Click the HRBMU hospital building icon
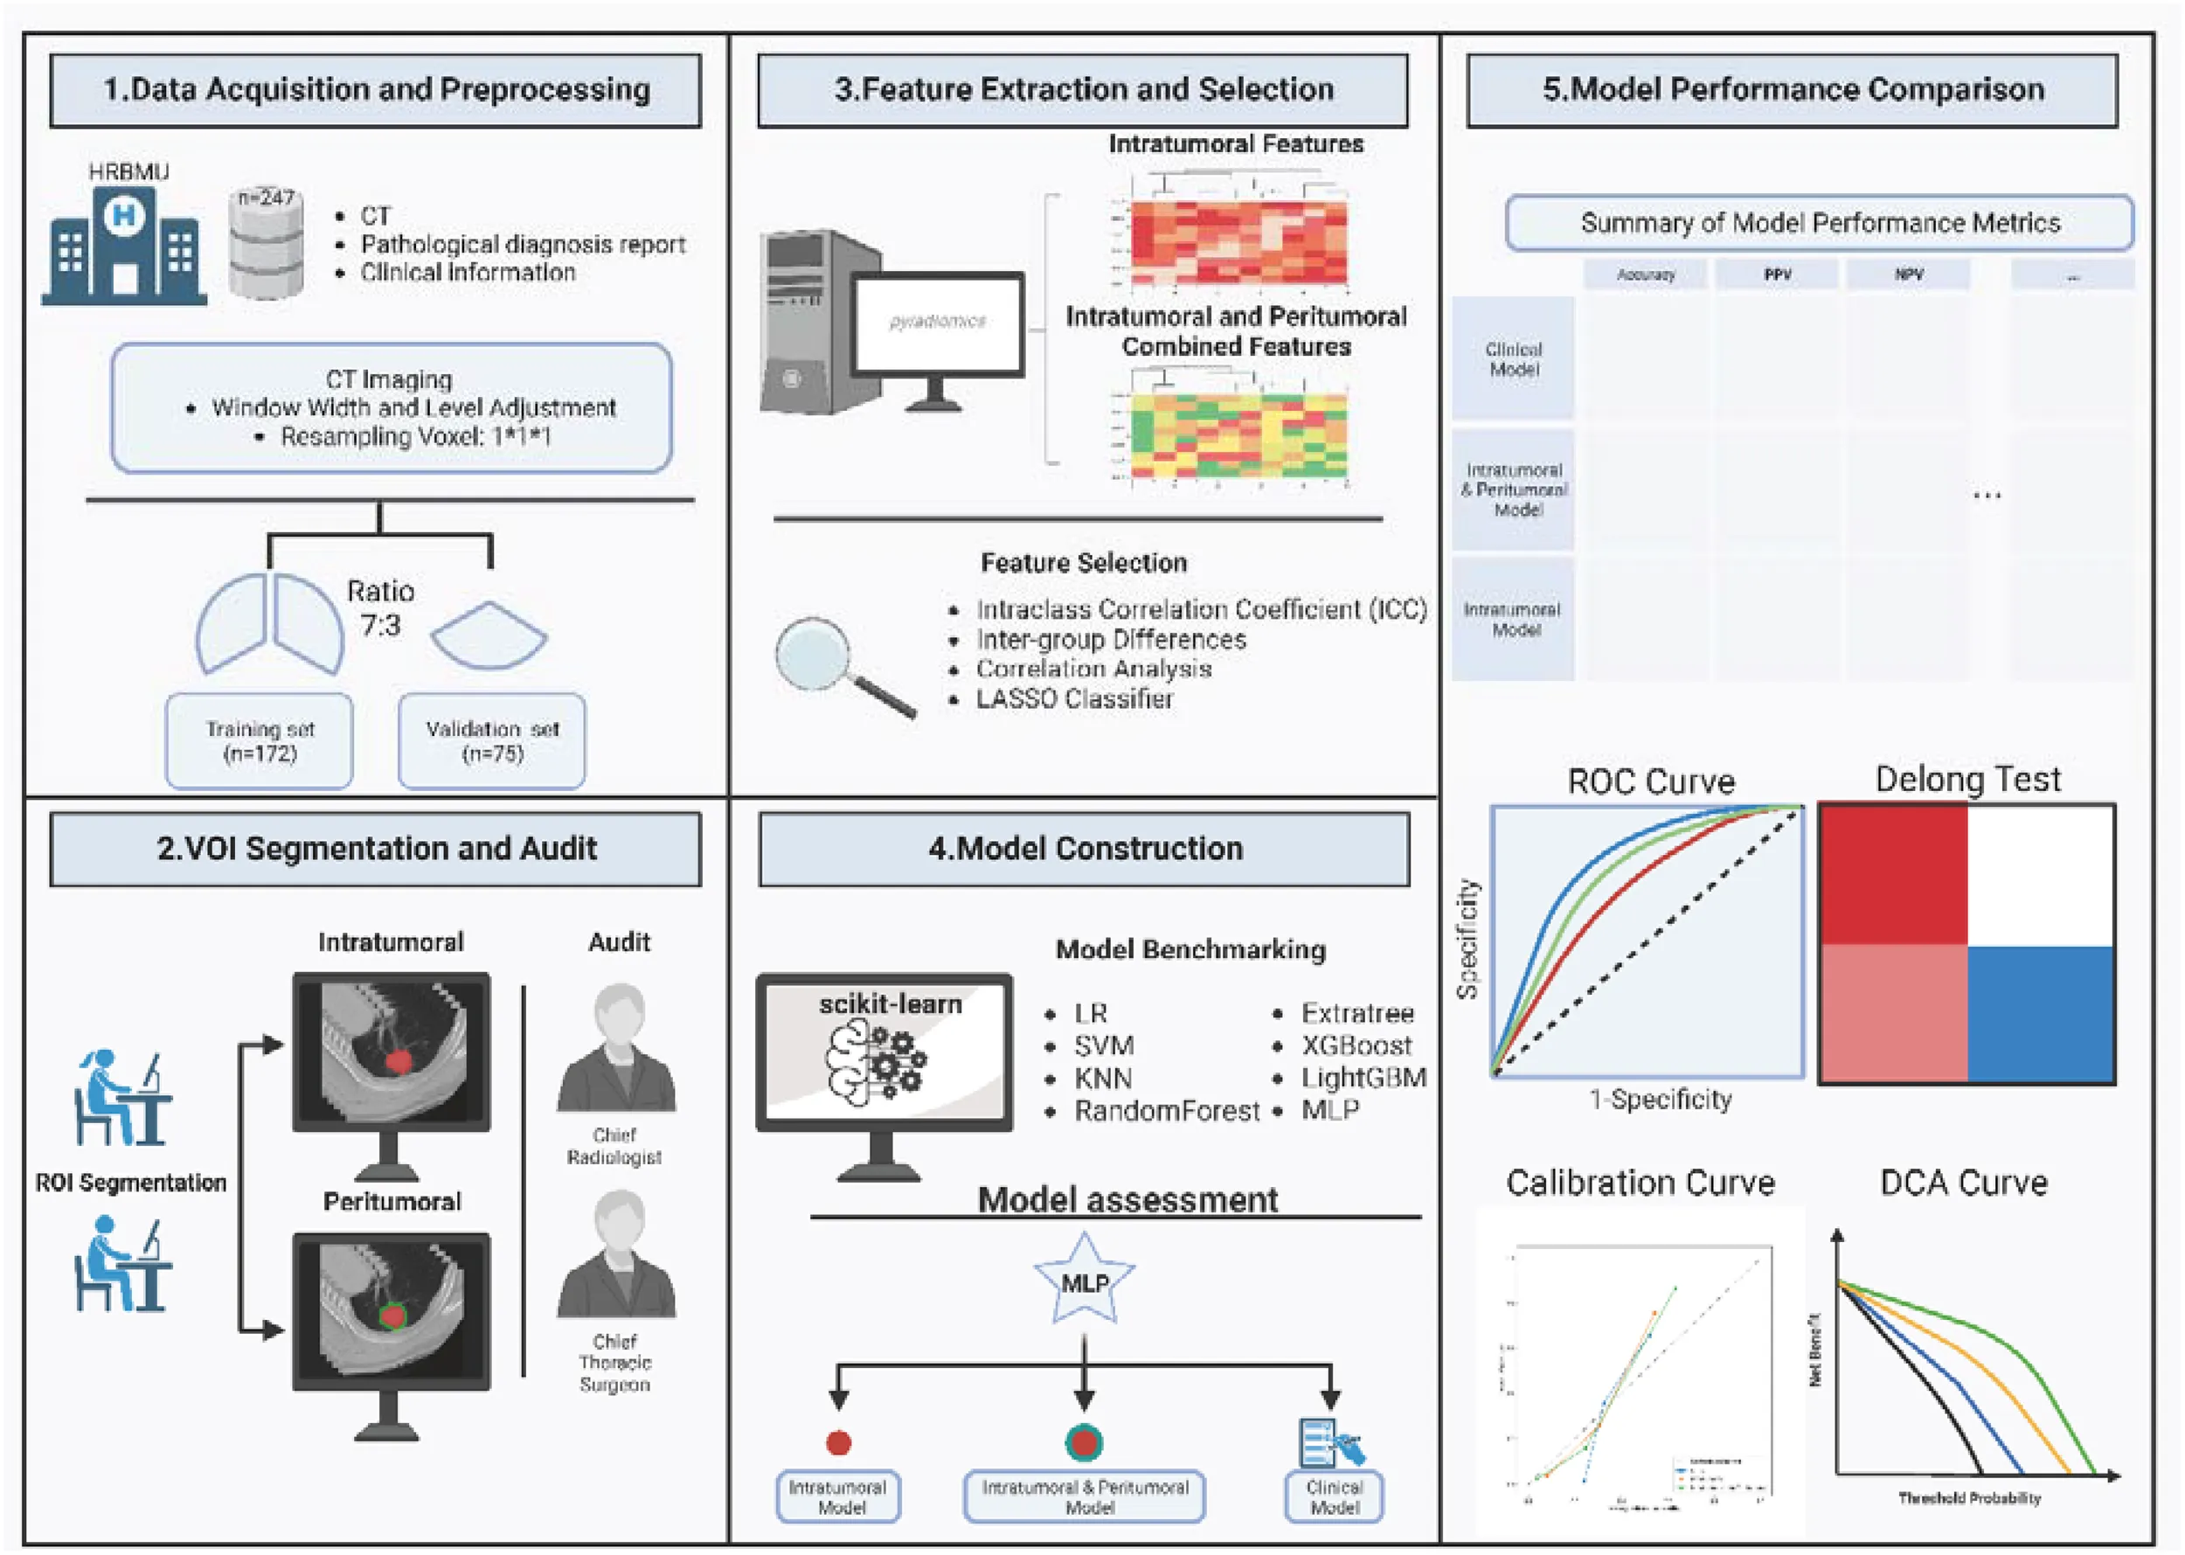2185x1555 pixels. (x=123, y=244)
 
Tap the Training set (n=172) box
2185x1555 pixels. (x=260, y=741)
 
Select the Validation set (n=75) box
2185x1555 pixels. (x=492, y=741)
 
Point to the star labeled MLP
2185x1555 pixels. (x=1084, y=1281)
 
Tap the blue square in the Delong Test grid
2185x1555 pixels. (x=2041, y=1014)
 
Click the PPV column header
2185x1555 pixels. (x=1777, y=274)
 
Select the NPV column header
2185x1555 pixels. (x=1908, y=274)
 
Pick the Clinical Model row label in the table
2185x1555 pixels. (x=1514, y=359)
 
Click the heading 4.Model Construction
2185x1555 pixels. (x=1085, y=850)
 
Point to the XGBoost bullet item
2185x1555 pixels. (x=1356, y=1045)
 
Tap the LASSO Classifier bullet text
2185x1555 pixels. (x=1074, y=699)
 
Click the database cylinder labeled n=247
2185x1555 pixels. (x=267, y=243)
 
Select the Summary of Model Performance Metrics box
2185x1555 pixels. (x=1820, y=223)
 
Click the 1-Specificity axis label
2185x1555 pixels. (x=1661, y=1100)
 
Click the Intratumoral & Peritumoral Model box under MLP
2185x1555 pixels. (x=1085, y=1496)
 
